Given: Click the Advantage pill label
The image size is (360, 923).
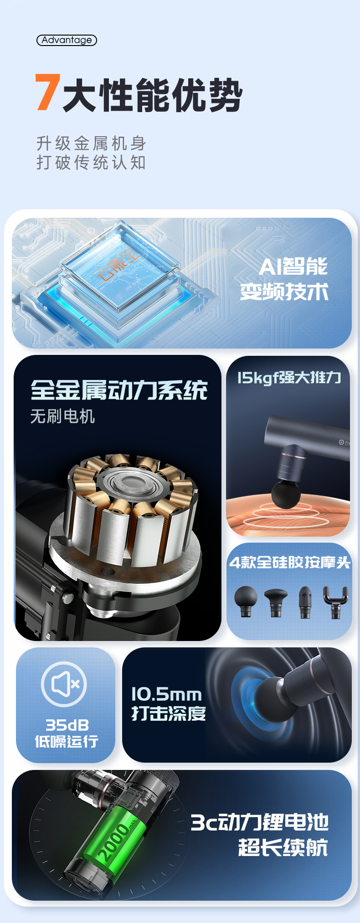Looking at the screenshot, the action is pyautogui.click(x=67, y=40).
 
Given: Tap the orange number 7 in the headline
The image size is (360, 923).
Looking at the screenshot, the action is pyautogui.click(x=48, y=92).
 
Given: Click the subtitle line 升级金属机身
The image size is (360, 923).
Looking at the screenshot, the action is pyautogui.click(x=91, y=144).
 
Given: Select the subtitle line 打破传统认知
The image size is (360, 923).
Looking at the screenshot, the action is pyautogui.click(x=91, y=163).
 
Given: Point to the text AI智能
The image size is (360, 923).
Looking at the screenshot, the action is pyautogui.click(x=293, y=267).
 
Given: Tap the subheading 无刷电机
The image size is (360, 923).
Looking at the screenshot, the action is pyautogui.click(x=62, y=416).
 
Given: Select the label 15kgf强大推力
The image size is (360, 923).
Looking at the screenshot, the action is pyautogui.click(x=289, y=378).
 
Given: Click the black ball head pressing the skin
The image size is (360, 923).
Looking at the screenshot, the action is pyautogui.click(x=286, y=493).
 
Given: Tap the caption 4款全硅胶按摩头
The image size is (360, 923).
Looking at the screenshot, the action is pyautogui.click(x=289, y=563).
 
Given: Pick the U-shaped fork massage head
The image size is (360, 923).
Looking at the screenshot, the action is pyautogui.click(x=335, y=601).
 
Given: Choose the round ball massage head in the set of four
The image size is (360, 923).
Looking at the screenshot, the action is pyautogui.click(x=246, y=601).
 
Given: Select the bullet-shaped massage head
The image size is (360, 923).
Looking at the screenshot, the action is pyautogui.click(x=305, y=602).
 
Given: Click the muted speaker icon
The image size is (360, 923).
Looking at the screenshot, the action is pyautogui.click(x=64, y=684).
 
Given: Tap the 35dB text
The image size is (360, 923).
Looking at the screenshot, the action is pyautogui.click(x=67, y=725).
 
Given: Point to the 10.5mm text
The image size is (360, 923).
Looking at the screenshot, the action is pyautogui.click(x=166, y=694).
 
